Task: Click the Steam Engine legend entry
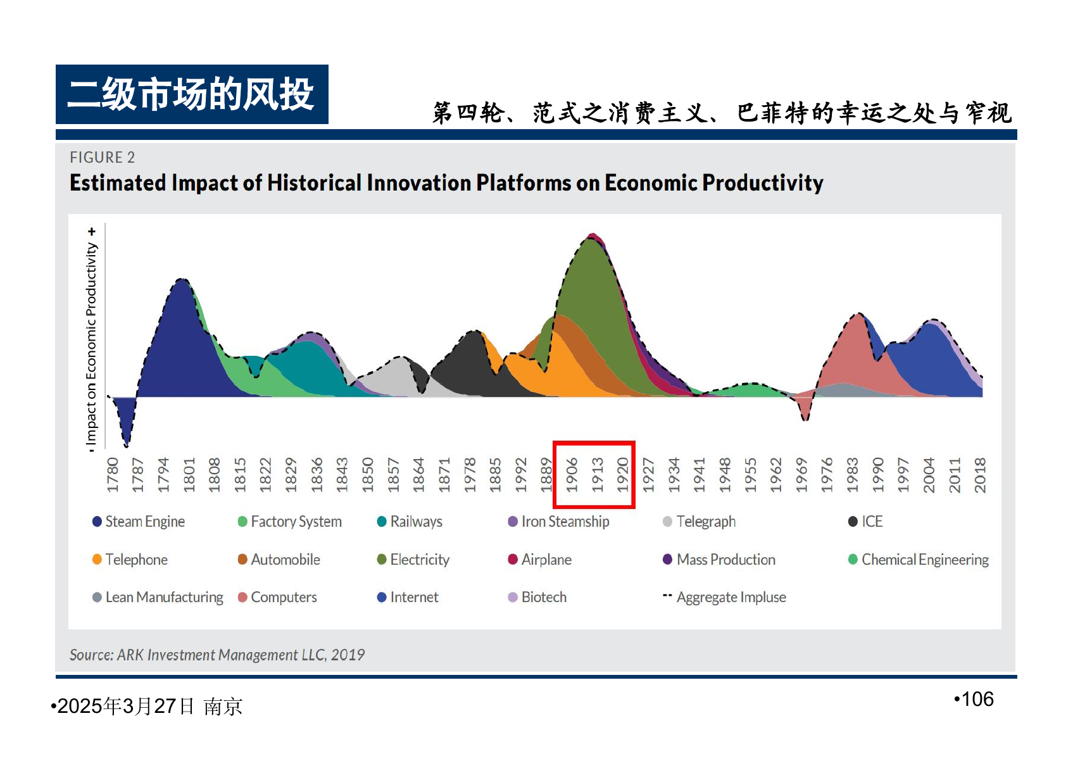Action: coord(139,522)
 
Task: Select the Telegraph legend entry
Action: coord(699,522)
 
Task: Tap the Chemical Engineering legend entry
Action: coord(919,559)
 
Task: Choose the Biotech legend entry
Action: coord(537,597)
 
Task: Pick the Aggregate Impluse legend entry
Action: coord(724,597)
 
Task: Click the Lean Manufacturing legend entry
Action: coord(158,597)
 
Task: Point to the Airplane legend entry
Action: coord(540,559)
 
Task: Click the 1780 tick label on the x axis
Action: coord(113,475)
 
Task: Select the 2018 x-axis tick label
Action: coord(980,475)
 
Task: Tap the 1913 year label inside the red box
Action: coord(598,475)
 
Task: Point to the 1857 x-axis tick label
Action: coord(393,475)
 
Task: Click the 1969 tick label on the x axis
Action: coord(801,475)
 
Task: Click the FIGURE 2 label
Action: coord(103,157)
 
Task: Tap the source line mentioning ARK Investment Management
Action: coord(217,655)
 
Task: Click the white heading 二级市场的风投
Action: coord(191,94)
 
